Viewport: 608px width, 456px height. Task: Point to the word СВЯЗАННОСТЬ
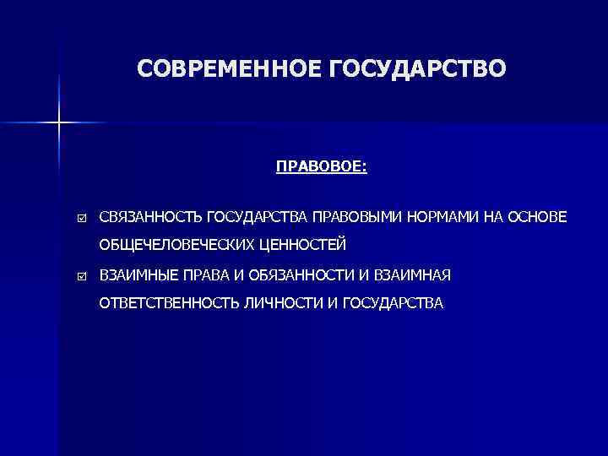tap(149, 217)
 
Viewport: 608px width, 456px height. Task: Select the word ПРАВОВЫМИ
tap(358, 217)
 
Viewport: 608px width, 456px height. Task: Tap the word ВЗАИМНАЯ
tap(416, 275)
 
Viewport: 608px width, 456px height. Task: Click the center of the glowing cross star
tap(59, 123)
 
